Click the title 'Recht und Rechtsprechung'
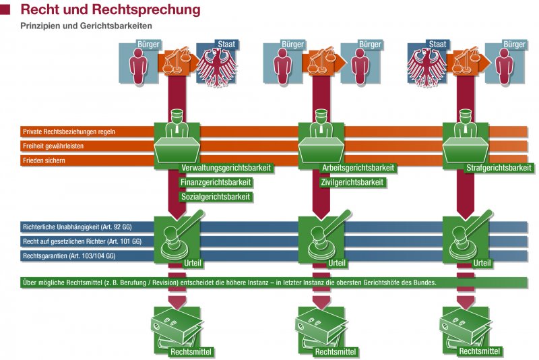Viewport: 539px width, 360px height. click(110, 10)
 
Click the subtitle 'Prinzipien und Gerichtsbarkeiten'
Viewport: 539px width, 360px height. click(86, 26)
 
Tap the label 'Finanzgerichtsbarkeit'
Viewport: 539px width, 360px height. click(216, 182)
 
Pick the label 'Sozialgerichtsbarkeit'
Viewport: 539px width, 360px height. click(216, 197)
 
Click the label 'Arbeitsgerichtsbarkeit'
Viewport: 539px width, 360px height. click(359, 168)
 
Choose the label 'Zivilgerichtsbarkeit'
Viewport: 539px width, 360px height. click(353, 182)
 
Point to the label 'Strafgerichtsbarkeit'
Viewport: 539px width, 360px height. click(499, 168)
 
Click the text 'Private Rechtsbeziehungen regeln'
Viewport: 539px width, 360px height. click(69, 132)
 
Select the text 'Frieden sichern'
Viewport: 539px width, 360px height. click(45, 160)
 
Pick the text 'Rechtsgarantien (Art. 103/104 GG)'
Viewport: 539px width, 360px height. click(69, 256)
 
